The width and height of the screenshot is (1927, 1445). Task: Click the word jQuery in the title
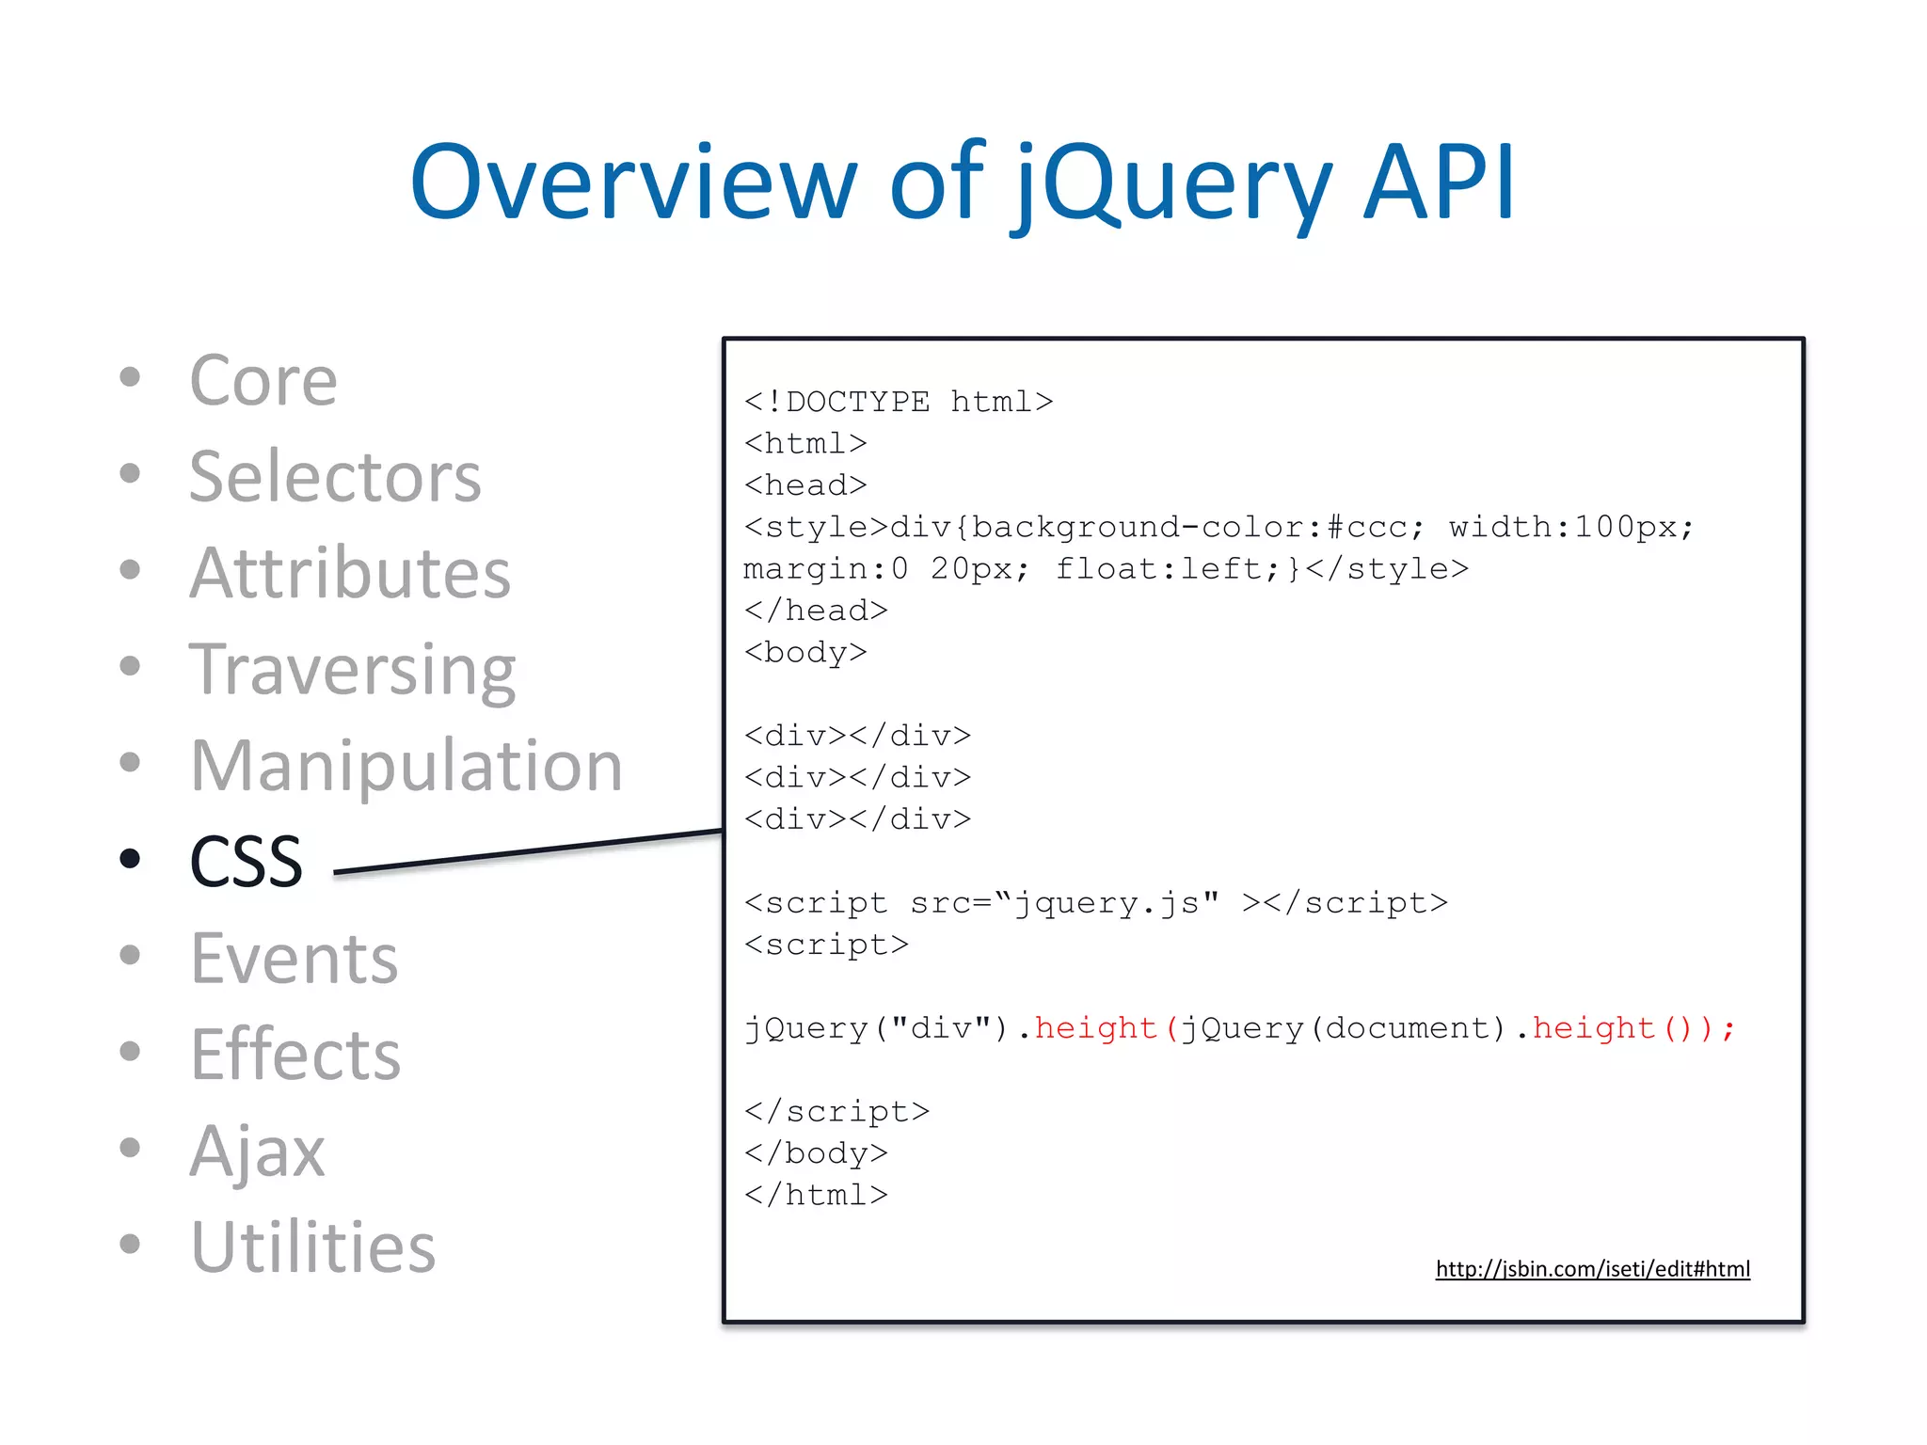(1172, 183)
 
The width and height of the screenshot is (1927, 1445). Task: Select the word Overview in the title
(632, 183)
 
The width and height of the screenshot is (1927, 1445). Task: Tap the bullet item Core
(263, 381)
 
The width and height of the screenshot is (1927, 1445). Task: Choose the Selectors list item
(334, 478)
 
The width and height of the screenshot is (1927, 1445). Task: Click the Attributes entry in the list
(349, 574)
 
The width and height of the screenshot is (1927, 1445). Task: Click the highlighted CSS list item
(246, 862)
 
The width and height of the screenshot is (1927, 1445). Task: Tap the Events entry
(294, 959)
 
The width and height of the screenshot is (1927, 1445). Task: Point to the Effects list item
(295, 1055)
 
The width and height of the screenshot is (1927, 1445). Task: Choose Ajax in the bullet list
(256, 1151)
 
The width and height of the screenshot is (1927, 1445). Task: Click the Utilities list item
(312, 1247)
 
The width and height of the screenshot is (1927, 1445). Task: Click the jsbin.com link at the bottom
(1592, 1269)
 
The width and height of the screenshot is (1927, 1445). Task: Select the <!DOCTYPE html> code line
(898, 403)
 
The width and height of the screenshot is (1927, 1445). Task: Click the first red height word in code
(1095, 1028)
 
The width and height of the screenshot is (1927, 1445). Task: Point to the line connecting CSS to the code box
(527, 852)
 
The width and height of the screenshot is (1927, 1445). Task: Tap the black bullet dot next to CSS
(130, 858)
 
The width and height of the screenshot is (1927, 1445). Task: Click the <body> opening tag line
(805, 653)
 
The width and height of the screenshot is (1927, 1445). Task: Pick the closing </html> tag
(816, 1196)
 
